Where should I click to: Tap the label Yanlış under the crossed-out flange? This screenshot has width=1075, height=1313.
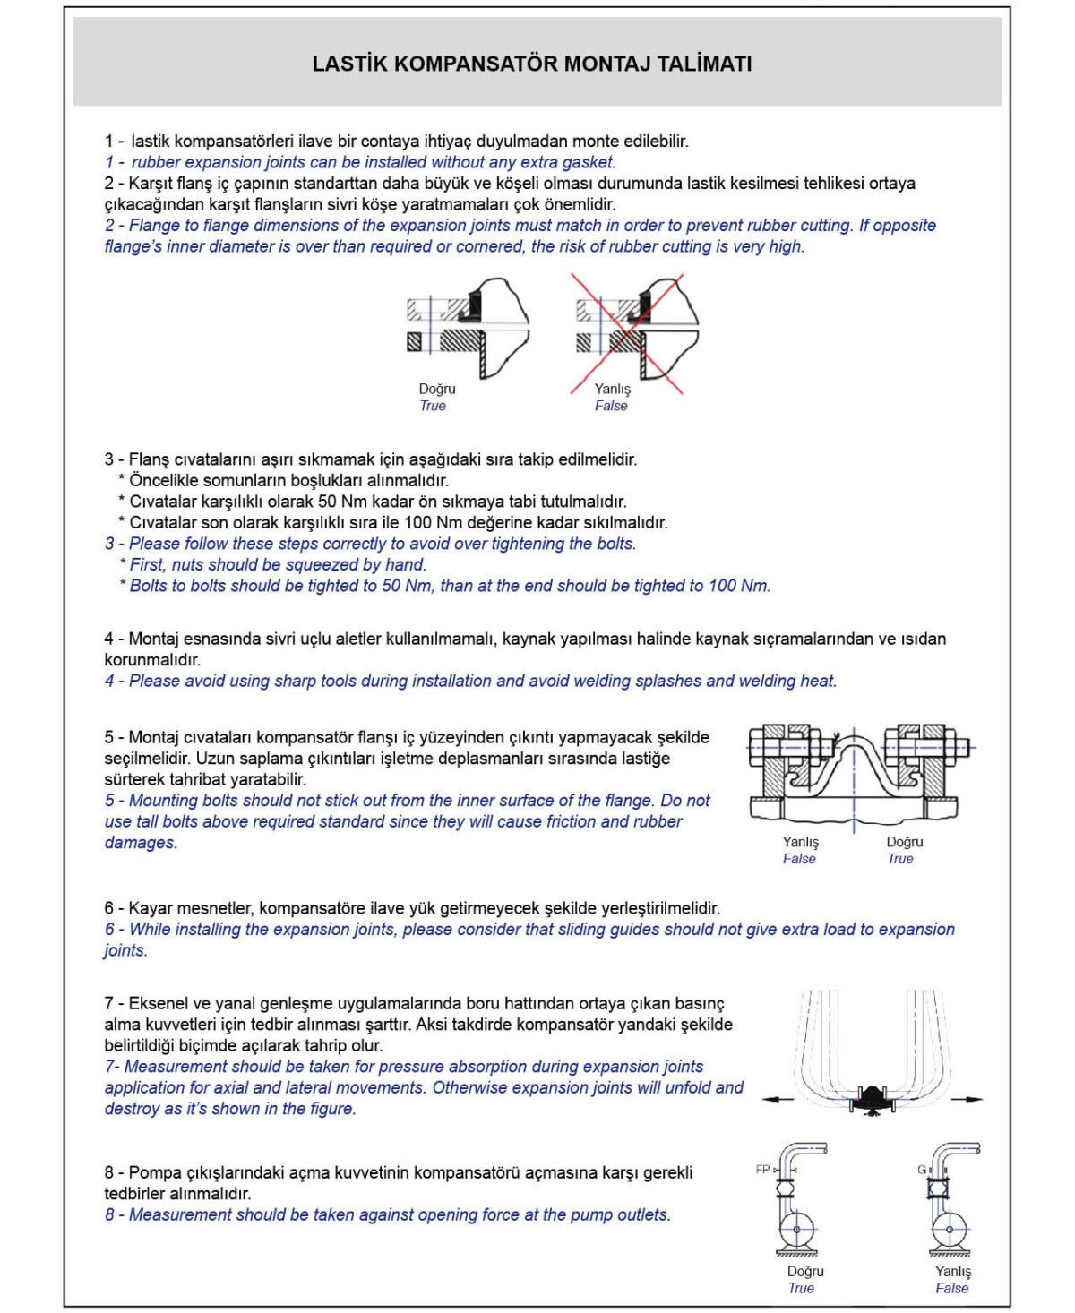[613, 389]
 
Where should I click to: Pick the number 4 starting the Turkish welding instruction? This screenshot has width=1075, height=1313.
[109, 639]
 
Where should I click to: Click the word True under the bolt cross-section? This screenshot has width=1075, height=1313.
[900, 859]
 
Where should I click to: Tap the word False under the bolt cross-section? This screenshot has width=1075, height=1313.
[799, 859]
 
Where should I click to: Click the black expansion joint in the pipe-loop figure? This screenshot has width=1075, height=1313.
[870, 1099]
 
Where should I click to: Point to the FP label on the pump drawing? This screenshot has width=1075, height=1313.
[763, 1170]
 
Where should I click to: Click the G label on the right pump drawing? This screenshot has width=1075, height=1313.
[921, 1170]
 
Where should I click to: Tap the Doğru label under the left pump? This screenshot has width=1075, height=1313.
[805, 1271]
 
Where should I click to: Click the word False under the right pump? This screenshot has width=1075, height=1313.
[951, 1289]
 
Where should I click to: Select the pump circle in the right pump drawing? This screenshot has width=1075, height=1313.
[950, 1227]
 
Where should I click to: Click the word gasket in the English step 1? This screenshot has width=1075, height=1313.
[589, 162]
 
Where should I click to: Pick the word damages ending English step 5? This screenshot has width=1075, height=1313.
[140, 843]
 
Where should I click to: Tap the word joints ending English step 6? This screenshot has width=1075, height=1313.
[125, 950]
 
